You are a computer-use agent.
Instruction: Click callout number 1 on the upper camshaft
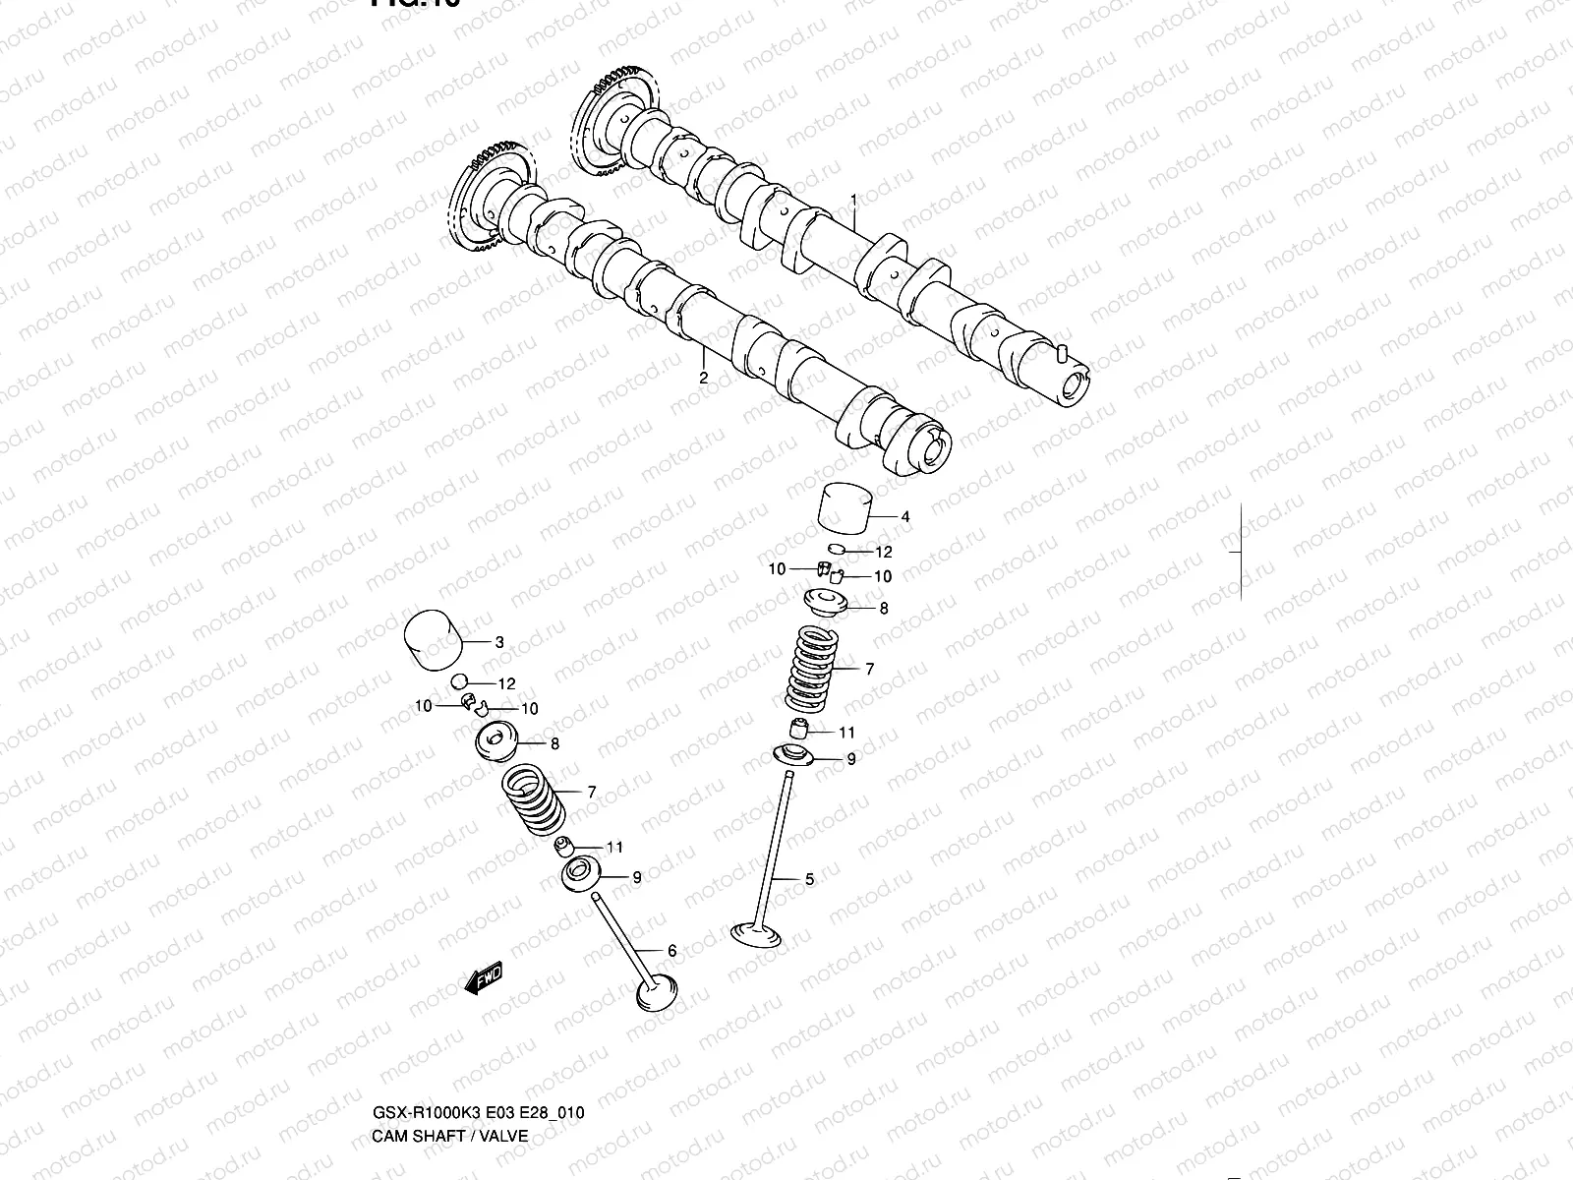point(853,200)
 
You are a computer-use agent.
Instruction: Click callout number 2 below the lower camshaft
point(703,377)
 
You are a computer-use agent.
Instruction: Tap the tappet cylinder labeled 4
point(845,510)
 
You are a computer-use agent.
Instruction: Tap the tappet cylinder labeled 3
point(434,640)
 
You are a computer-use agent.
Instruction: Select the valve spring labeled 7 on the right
point(812,669)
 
